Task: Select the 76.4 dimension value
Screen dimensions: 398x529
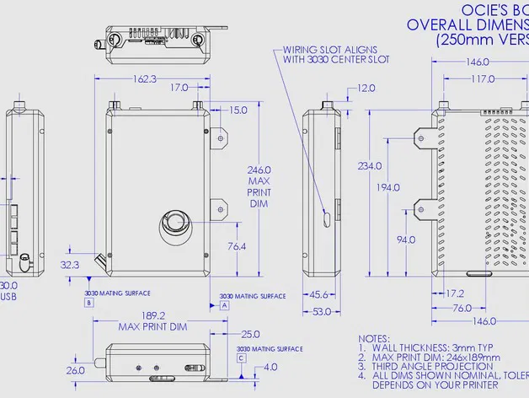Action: (237, 247)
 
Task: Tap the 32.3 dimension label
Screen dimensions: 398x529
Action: (70, 264)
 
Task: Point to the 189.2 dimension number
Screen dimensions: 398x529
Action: (152, 315)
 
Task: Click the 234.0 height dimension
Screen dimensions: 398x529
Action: (367, 165)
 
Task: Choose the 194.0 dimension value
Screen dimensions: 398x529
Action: (388, 187)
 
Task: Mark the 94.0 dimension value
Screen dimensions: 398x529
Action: (406, 240)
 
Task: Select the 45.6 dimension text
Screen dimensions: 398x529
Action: (318, 295)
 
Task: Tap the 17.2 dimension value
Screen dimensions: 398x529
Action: (454, 294)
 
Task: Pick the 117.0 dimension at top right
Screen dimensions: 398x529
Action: (483, 79)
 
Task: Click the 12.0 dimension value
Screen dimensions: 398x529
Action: (366, 89)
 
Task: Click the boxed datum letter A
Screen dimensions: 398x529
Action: (224, 307)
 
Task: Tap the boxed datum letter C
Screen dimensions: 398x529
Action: (242, 358)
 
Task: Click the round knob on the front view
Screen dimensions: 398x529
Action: (175, 223)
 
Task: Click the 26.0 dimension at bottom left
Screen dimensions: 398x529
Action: (76, 370)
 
